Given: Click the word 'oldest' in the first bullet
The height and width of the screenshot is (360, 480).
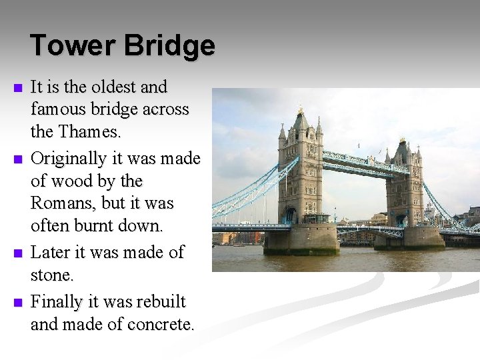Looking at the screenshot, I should (115, 87).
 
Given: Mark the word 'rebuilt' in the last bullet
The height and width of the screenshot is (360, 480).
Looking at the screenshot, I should (160, 302).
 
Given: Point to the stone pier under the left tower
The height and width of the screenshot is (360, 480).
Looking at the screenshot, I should (301, 241).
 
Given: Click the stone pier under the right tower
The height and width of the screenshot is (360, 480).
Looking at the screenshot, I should (409, 238).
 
